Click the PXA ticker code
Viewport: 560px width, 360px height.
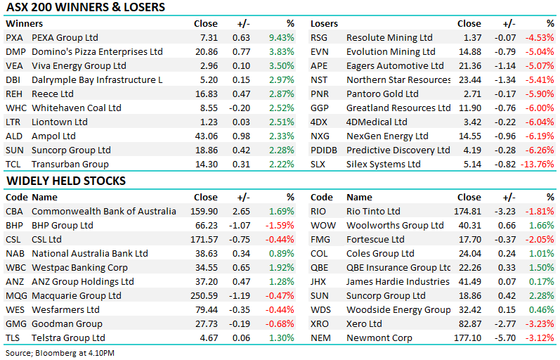[14, 37]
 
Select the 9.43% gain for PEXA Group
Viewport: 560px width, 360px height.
[282, 37]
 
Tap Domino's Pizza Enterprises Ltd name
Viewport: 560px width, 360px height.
[97, 52]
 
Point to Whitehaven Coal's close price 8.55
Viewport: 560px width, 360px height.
[209, 108]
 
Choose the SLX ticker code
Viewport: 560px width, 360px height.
[318, 164]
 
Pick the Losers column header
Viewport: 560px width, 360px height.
[324, 24]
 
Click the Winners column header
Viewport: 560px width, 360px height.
[25, 24]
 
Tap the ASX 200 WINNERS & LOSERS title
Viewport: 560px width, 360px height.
[86, 7]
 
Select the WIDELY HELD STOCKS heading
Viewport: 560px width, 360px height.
[66, 181]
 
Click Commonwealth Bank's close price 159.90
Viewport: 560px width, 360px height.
[204, 211]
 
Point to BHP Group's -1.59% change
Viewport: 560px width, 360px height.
[280, 226]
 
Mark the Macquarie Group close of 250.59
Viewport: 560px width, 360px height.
[204, 295]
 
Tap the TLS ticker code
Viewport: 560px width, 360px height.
[13, 337]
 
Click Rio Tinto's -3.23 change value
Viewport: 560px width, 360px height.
[505, 211]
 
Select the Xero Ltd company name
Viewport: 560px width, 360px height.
[364, 324]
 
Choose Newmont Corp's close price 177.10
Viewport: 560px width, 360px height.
[467, 337]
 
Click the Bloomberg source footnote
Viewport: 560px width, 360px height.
[60, 353]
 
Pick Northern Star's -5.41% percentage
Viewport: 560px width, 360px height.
[540, 79]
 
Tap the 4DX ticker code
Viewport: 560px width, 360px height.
[318, 122]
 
